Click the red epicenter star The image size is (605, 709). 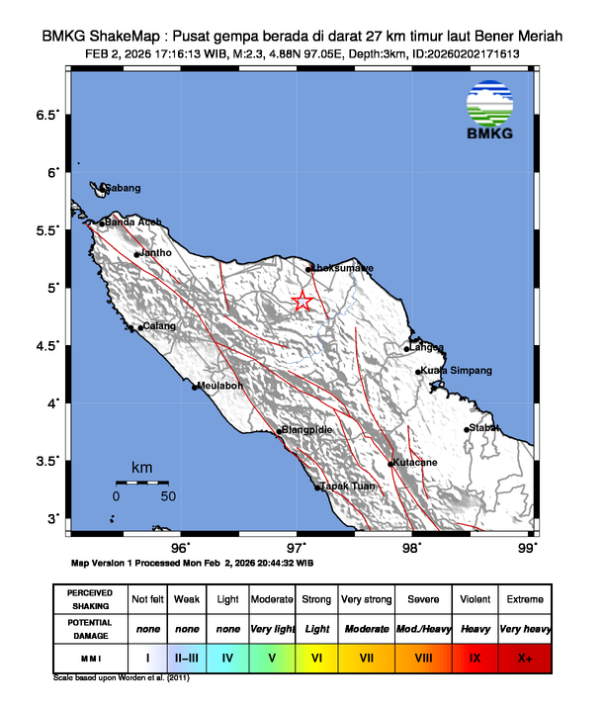[x=302, y=303]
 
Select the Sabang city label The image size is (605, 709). [x=124, y=188]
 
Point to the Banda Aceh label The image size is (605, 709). [x=133, y=222]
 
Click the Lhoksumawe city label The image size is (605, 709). [x=343, y=268]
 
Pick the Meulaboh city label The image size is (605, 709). [x=220, y=386]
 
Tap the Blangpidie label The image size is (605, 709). [x=307, y=430]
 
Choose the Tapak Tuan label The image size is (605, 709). [x=347, y=487]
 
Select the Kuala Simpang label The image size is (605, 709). [x=459, y=370]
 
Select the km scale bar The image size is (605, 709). [x=141, y=482]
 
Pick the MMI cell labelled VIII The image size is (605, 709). [x=423, y=656]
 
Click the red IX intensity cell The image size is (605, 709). [x=476, y=656]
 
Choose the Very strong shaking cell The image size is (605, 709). [x=368, y=599]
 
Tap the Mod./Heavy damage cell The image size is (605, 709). [x=423, y=628]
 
